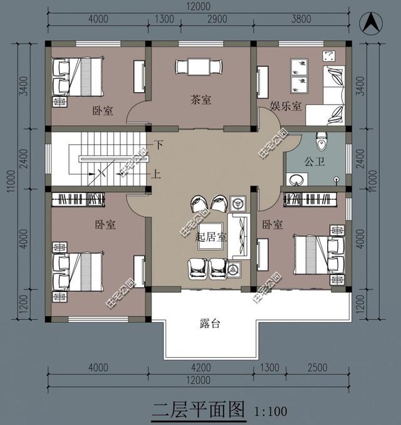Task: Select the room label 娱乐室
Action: click(286, 107)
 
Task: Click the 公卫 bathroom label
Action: click(313, 161)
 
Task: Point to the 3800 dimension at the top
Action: click(301, 19)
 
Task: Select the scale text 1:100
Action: click(272, 412)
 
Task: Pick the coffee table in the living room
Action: click(212, 236)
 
